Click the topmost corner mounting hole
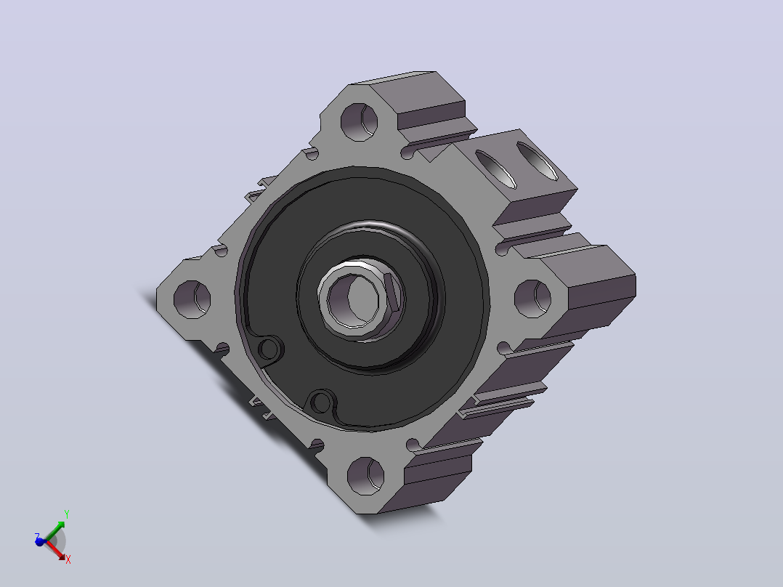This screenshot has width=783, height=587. click(359, 122)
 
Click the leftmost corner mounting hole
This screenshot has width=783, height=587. click(192, 299)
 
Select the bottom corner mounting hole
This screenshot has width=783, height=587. click(365, 476)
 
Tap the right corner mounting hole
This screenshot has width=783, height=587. click(533, 299)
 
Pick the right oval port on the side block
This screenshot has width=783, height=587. click(537, 161)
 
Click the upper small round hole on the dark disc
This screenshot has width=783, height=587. click(269, 349)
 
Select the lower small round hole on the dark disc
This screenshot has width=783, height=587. click(320, 402)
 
